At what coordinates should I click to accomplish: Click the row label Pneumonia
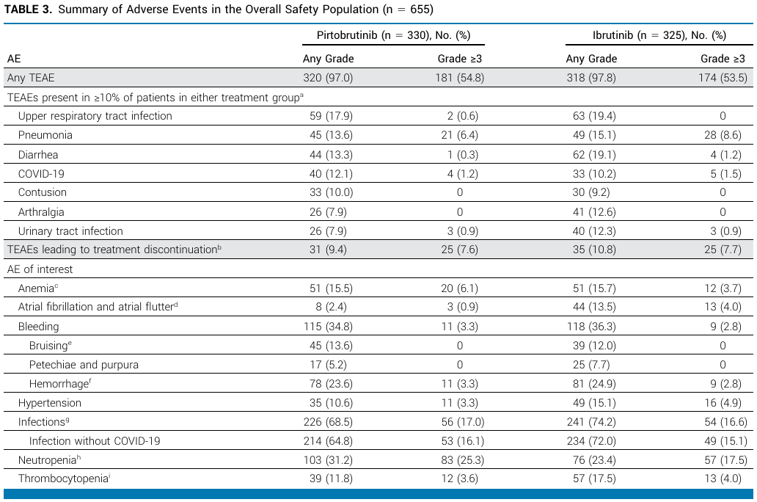(x=45, y=135)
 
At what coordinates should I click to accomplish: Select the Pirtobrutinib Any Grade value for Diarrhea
(x=332, y=155)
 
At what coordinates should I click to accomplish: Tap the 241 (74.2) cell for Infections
(x=591, y=422)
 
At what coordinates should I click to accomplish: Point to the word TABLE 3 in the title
(x=28, y=10)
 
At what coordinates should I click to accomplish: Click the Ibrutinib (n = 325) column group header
(x=659, y=35)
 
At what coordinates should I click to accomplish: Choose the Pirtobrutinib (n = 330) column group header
(x=393, y=35)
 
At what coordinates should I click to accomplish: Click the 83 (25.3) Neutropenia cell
(x=463, y=460)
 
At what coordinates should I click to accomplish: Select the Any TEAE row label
(x=31, y=78)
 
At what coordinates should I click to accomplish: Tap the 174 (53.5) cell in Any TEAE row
(x=723, y=78)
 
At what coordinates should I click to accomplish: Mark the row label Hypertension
(x=50, y=403)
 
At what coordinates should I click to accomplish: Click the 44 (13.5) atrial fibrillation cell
(x=594, y=307)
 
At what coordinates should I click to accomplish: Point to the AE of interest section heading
(x=40, y=269)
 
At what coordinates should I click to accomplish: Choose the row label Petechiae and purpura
(x=84, y=365)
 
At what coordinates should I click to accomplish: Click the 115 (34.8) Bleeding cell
(x=329, y=327)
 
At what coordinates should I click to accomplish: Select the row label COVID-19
(x=41, y=174)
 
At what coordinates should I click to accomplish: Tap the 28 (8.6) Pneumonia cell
(x=723, y=135)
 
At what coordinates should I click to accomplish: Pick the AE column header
(x=14, y=59)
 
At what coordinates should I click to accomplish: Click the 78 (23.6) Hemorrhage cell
(x=332, y=384)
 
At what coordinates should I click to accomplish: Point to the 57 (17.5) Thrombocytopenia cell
(x=594, y=479)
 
